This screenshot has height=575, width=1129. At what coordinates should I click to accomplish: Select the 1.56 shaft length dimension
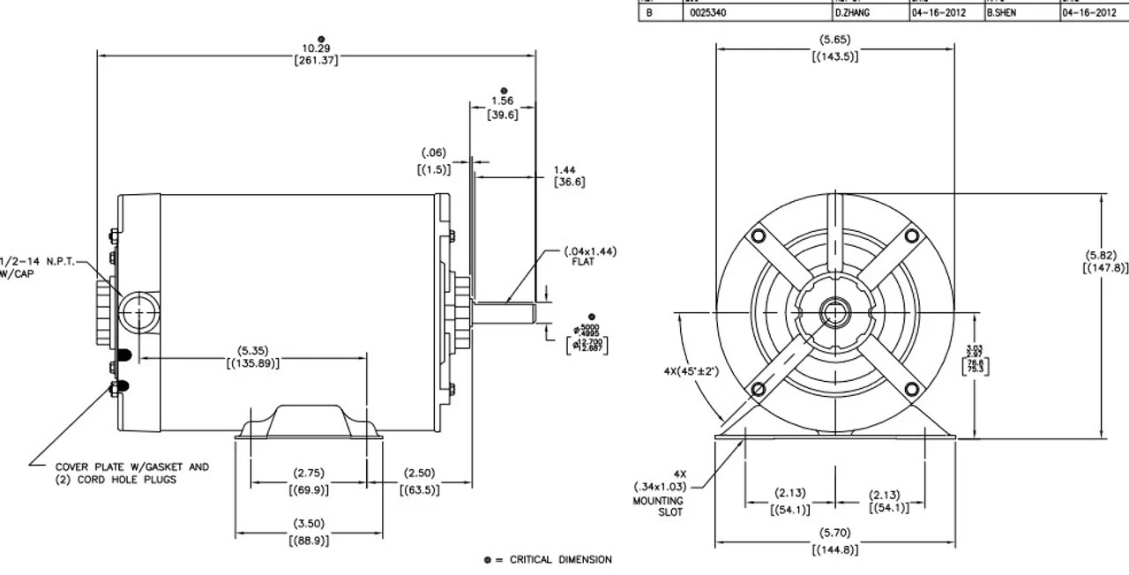click(503, 107)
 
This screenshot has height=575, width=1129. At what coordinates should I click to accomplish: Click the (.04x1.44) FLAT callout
click(589, 257)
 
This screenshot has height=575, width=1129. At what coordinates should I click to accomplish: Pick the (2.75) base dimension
click(309, 481)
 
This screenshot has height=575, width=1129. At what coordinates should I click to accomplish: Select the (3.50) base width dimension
click(308, 530)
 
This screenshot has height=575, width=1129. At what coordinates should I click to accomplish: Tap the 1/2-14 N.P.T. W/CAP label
click(35, 266)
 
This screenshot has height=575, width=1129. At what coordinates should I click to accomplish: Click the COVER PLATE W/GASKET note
click(132, 473)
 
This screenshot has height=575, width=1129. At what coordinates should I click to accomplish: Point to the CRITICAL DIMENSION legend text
click(560, 559)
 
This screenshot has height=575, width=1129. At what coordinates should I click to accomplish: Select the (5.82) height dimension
click(1104, 262)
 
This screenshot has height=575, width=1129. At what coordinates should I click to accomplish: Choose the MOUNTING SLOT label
click(664, 505)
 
